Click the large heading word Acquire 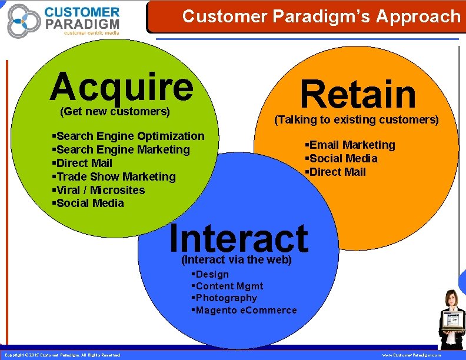pyautogui.click(x=121, y=86)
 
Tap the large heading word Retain pyautogui.click(x=358, y=95)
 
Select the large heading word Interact pyautogui.click(x=238, y=238)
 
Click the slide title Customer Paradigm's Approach pyautogui.click(x=321, y=16)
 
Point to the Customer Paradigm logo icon pyautogui.click(x=23, y=21)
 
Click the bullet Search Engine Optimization pyautogui.click(x=128, y=136)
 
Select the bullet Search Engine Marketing pyautogui.click(x=121, y=149)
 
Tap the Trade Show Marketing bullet pyautogui.click(x=114, y=176)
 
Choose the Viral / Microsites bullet pyautogui.click(x=98, y=190)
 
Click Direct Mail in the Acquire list pyautogui.click(x=82, y=163)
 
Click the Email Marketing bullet pyautogui.click(x=350, y=145)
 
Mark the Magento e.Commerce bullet pyautogui.click(x=245, y=310)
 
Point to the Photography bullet pyautogui.click(x=225, y=298)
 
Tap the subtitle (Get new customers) pyautogui.click(x=115, y=111)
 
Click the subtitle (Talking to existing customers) pyautogui.click(x=357, y=120)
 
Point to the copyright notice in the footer pyautogui.click(x=62, y=355)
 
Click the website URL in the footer pyautogui.click(x=411, y=355)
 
